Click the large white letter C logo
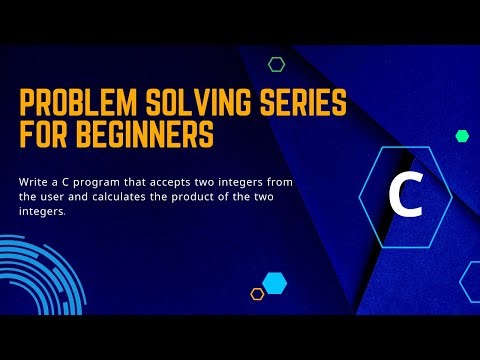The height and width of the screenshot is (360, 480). tap(404, 197)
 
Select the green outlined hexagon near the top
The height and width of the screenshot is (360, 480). tap(277, 64)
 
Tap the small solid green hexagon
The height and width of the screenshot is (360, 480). tap(462, 135)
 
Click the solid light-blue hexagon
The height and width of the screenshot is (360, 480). tap(274, 283)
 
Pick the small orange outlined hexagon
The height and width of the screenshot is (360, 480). tap(257, 294)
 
